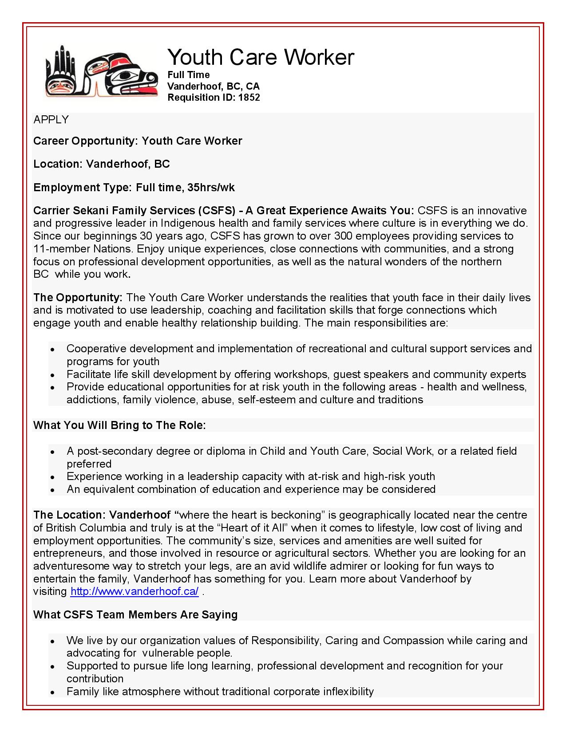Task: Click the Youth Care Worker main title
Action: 261,57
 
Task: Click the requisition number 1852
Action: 249,98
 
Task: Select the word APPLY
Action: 51,120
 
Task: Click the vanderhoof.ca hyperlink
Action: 135,591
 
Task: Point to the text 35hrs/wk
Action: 211,188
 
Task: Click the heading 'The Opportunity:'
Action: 78,297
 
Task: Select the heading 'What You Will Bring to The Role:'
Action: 119,425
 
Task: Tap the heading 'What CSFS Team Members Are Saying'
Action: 135,615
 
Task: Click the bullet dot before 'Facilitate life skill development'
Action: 52,375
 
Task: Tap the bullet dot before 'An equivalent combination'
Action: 52,490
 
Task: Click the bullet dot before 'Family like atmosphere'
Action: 52,693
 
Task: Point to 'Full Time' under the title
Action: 188,75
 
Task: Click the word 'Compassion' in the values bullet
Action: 413,641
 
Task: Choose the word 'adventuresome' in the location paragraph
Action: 71,566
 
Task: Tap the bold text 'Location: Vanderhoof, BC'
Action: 102,164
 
